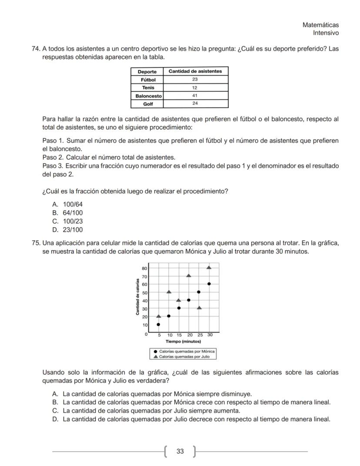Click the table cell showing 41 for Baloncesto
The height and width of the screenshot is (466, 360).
tap(195, 96)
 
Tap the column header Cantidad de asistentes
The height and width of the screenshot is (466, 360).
tap(195, 71)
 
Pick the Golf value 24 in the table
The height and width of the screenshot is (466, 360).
tap(195, 104)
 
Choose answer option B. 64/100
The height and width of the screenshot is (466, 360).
tap(67, 213)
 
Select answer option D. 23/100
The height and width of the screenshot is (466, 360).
tap(67, 230)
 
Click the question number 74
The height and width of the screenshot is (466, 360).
tap(36, 49)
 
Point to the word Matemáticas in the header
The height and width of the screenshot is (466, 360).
tap(320, 25)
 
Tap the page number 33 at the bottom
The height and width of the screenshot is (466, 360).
tap(180, 451)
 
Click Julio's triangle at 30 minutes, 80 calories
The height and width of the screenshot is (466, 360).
tap(209, 268)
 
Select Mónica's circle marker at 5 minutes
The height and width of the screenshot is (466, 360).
tap(158, 325)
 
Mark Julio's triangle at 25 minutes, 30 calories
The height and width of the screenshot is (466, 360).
tap(199, 308)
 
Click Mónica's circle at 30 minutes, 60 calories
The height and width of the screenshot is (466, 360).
tap(209, 284)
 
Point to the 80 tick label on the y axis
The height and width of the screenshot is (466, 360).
tap(144, 268)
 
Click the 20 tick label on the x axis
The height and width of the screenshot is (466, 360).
tap(189, 335)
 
